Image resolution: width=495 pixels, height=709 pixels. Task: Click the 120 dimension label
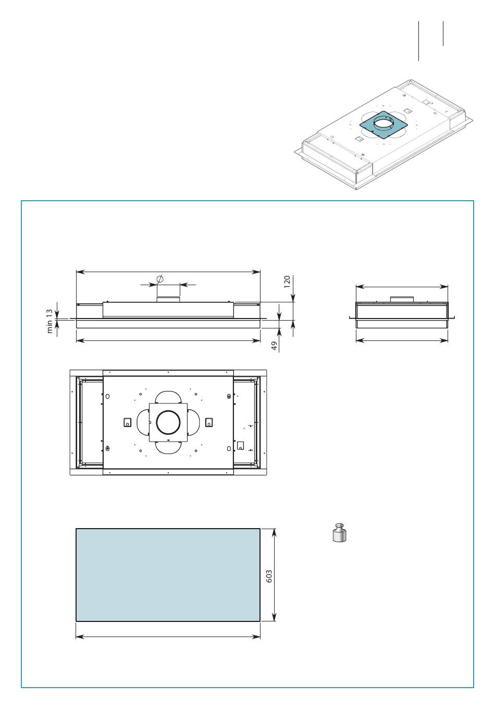(x=287, y=282)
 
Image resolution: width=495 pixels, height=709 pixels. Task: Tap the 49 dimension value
(x=275, y=346)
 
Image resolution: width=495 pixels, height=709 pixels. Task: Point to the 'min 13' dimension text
(x=49, y=321)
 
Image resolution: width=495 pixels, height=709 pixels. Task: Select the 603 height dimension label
(x=269, y=577)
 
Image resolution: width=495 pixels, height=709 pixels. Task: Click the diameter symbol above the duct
(x=160, y=279)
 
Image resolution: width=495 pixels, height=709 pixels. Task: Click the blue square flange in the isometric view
(x=383, y=125)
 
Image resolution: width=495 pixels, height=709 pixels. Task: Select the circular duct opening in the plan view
(x=169, y=422)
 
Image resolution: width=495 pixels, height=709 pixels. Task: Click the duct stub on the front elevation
(x=168, y=299)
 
